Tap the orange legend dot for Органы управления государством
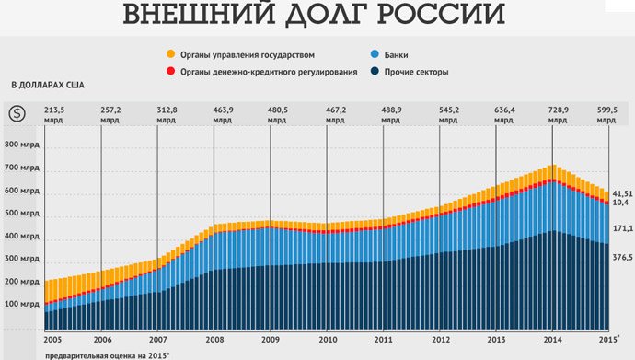click(170, 55)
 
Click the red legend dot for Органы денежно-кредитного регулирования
click(170, 72)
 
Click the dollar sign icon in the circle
click(17, 113)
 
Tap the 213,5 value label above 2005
click(54, 109)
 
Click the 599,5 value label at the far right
click(608, 109)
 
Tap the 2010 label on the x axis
click(327, 340)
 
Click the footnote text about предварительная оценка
click(106, 354)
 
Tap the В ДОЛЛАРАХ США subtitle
click(48, 86)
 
